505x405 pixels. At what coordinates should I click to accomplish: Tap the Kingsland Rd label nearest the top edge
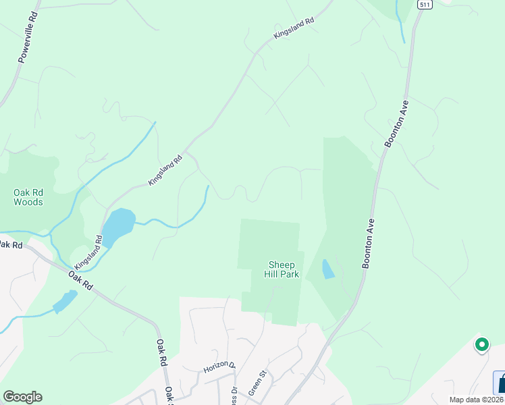click(294, 28)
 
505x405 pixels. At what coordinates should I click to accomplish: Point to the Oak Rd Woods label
click(28, 197)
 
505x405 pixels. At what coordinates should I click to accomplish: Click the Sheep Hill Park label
click(282, 269)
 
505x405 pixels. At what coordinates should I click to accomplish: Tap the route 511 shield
click(424, 4)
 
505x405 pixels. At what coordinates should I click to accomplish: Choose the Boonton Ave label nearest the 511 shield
click(396, 129)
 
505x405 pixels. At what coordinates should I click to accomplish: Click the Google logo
click(22, 397)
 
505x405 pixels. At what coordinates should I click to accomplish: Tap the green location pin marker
click(481, 345)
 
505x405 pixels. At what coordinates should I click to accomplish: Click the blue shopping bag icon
click(500, 383)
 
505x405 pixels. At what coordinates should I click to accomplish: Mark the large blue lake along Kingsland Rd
click(117, 226)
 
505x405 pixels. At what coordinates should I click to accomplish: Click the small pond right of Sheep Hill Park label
click(327, 269)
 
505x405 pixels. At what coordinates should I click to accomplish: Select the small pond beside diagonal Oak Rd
click(65, 301)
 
